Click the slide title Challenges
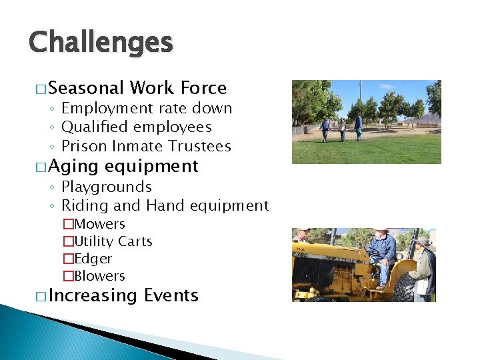(x=101, y=43)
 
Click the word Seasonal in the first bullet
(x=86, y=88)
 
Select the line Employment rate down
(x=146, y=108)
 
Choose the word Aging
(x=73, y=166)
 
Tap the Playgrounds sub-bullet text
(x=107, y=187)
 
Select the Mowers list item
(x=99, y=224)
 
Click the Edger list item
(x=93, y=259)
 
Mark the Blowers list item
(x=99, y=276)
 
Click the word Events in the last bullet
(x=171, y=295)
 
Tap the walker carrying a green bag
(x=358, y=127)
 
